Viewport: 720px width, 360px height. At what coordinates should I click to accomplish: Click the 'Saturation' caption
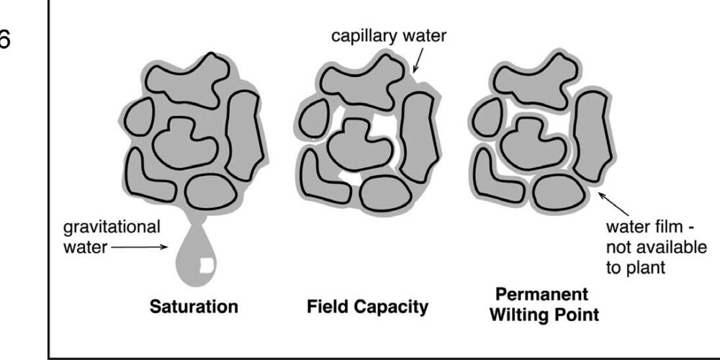click(194, 307)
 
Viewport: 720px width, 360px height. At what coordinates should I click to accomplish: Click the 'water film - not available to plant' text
click(654, 247)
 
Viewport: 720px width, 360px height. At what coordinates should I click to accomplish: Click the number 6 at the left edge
click(6, 40)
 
